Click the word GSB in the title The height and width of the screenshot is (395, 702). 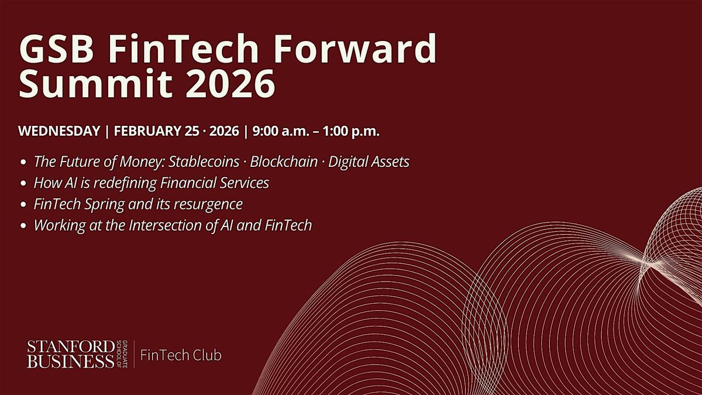click(x=56, y=49)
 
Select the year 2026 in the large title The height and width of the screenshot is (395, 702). click(x=230, y=84)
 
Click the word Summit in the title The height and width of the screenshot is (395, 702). click(x=95, y=83)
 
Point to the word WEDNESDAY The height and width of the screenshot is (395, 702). click(x=60, y=131)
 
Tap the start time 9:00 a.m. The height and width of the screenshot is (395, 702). click(x=281, y=131)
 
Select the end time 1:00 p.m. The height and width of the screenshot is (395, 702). click(x=351, y=131)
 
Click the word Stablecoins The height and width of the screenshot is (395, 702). click(x=204, y=162)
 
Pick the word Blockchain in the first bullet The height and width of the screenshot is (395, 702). click(x=284, y=162)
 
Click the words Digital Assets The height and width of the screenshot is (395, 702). click(x=369, y=162)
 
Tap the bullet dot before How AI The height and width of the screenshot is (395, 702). click(x=23, y=183)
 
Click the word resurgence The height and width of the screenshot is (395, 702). click(x=208, y=204)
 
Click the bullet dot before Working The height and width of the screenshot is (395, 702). click(x=23, y=226)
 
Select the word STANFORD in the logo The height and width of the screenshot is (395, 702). click(x=71, y=348)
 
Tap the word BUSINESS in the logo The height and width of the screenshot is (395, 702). click(x=71, y=362)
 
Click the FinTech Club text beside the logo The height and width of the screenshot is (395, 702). click(x=181, y=355)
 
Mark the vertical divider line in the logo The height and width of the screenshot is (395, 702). click(x=134, y=354)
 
